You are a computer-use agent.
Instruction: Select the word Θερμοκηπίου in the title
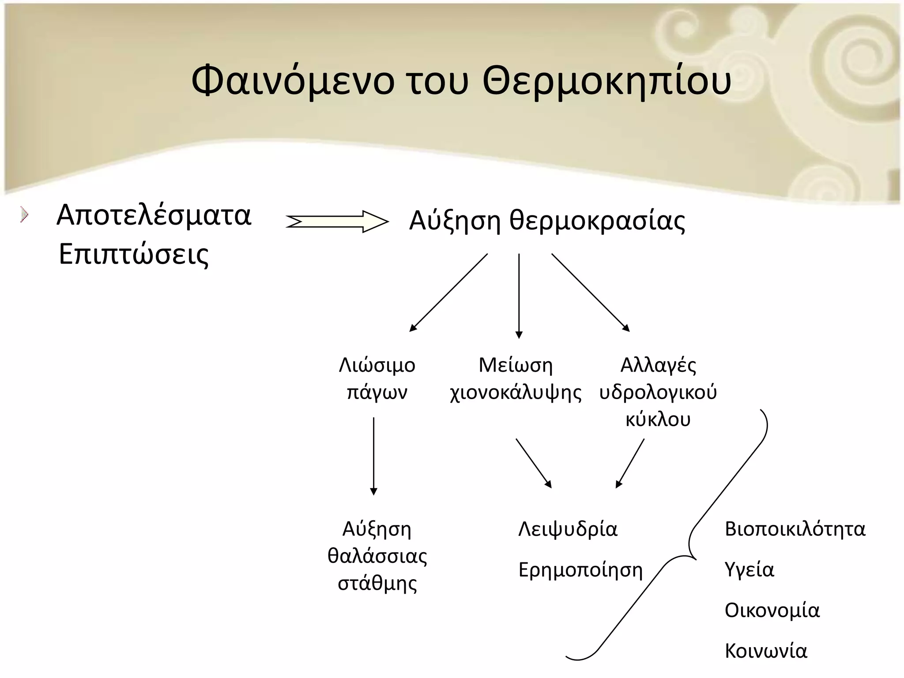pyautogui.click(x=606, y=83)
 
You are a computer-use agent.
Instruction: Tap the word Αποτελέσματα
pyautogui.click(x=154, y=215)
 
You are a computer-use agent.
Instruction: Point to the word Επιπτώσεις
pyautogui.click(x=133, y=255)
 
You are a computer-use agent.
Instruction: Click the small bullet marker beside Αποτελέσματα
pyautogui.click(x=24, y=215)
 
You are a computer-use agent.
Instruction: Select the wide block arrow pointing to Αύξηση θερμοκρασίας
pyautogui.click(x=337, y=222)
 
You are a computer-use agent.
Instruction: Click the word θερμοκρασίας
pyautogui.click(x=597, y=221)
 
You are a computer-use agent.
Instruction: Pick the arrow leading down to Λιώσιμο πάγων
pyautogui.click(x=448, y=292)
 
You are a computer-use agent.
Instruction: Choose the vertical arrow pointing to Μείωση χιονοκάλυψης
pyautogui.click(x=519, y=296)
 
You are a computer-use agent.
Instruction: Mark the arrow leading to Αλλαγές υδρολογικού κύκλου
pyautogui.click(x=590, y=292)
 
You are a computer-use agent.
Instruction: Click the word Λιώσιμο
pyautogui.click(x=377, y=365)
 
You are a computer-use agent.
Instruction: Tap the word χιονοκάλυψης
pyautogui.click(x=516, y=392)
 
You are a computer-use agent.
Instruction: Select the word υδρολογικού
pyautogui.click(x=658, y=392)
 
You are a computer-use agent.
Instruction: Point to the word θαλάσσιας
pyautogui.click(x=377, y=556)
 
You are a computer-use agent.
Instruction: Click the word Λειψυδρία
pyautogui.click(x=568, y=529)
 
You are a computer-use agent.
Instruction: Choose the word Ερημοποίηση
pyautogui.click(x=580, y=570)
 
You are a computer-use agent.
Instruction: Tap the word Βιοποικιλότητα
pyautogui.click(x=795, y=529)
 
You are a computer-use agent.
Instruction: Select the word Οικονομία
pyautogui.click(x=772, y=611)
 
